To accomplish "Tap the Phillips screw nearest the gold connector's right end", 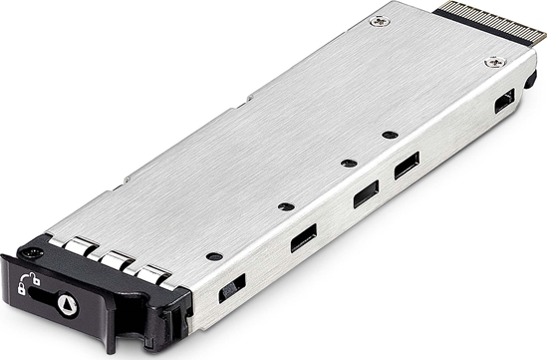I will [490, 62].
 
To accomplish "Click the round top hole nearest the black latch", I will [213, 256].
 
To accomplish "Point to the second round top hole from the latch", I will [286, 206].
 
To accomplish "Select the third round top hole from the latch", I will [347, 163].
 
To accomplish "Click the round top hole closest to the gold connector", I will [390, 134].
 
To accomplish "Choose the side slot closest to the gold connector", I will [504, 100].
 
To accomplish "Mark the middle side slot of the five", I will [365, 196].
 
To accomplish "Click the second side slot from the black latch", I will [303, 239].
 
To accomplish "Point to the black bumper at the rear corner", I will [530, 78].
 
